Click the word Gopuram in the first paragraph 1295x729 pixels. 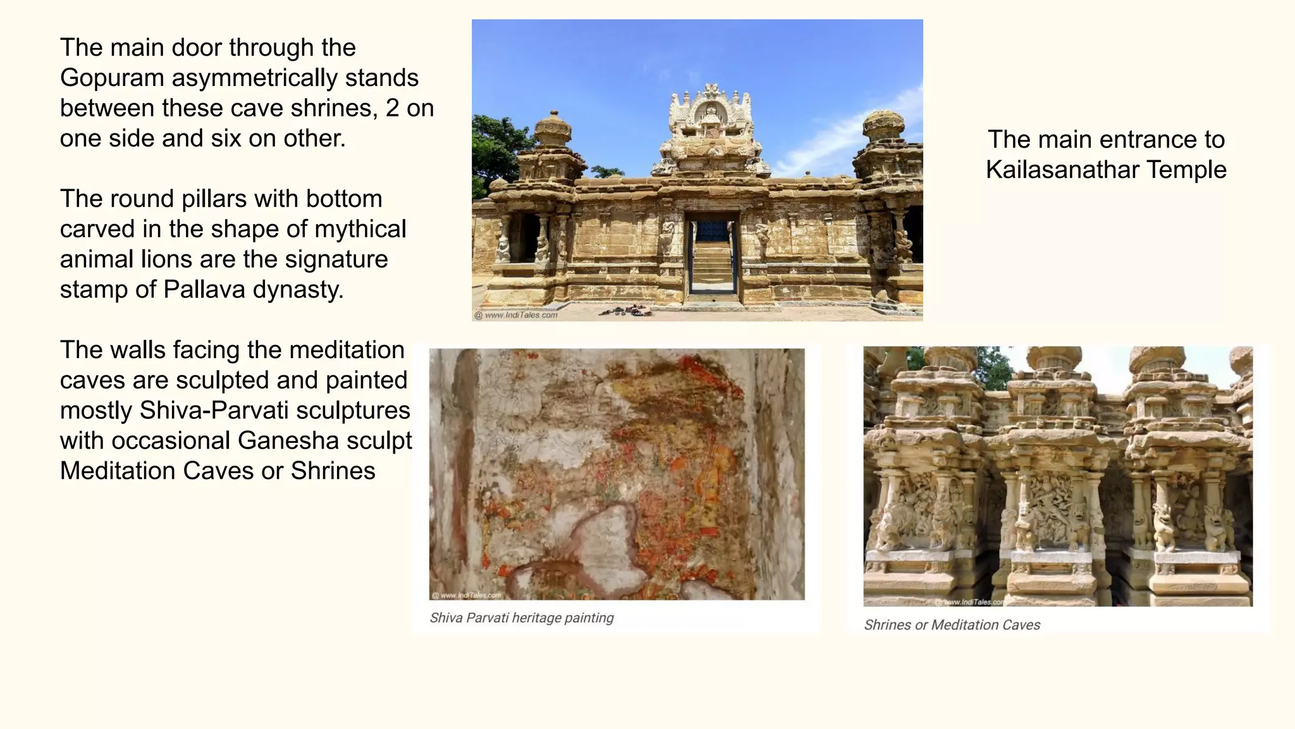coord(112,78)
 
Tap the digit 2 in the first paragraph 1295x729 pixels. coord(392,108)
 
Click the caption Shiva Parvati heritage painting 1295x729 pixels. coord(522,618)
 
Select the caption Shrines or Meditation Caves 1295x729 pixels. coord(952,625)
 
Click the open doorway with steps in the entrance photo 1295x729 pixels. coord(712,256)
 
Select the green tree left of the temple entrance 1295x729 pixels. coord(493,152)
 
